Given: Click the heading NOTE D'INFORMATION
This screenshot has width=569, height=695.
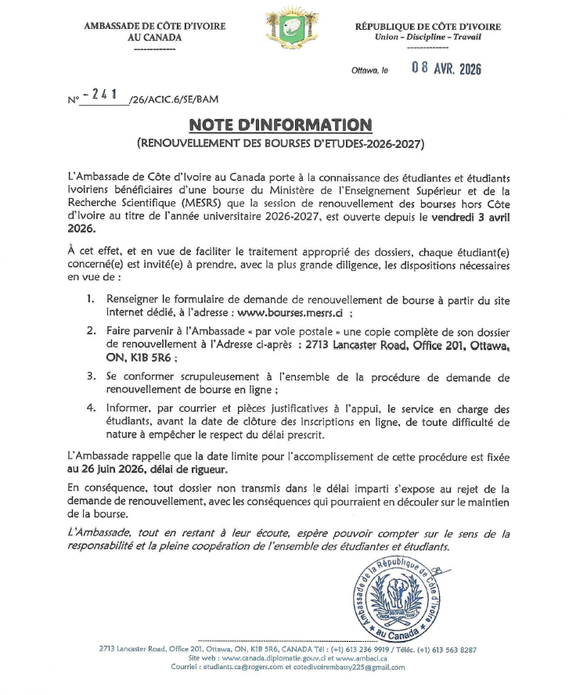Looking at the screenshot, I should [x=279, y=124].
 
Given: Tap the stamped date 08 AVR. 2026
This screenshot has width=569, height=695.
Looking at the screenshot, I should [x=446, y=69].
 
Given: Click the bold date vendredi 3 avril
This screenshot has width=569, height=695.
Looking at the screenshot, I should [x=469, y=219].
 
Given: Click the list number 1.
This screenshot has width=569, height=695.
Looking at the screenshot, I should [x=91, y=300].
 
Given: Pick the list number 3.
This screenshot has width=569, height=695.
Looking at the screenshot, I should [x=91, y=376].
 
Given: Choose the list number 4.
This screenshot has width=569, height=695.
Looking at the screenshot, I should [x=91, y=409].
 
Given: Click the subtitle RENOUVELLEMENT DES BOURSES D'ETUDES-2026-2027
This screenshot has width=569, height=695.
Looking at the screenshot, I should [x=279, y=145].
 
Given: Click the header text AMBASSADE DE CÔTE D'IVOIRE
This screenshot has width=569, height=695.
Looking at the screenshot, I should [x=154, y=27].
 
